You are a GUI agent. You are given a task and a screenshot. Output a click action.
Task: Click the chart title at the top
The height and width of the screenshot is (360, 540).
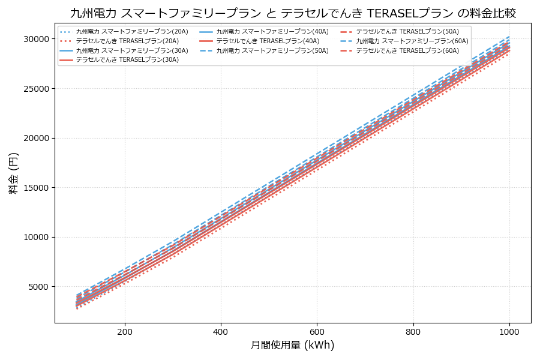(x=293, y=13)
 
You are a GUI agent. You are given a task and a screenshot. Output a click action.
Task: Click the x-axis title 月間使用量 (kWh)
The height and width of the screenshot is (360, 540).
(x=293, y=345)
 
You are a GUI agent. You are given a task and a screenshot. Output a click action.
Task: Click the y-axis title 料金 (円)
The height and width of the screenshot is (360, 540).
(x=13, y=173)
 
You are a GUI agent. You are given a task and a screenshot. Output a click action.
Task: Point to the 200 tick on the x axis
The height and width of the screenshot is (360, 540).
(x=125, y=331)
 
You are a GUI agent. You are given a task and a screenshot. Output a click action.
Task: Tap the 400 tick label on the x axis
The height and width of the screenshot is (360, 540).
(x=221, y=331)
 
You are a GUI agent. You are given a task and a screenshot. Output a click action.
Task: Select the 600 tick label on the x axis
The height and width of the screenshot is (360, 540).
(x=317, y=331)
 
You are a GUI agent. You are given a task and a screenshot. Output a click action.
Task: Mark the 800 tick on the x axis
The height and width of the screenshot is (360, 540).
(x=413, y=331)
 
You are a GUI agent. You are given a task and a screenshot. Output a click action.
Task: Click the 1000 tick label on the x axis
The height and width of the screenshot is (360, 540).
(x=509, y=331)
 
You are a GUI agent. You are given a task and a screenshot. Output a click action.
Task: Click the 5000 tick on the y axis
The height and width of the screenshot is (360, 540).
(x=37, y=287)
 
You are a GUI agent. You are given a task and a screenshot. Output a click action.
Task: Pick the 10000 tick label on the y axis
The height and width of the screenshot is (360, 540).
(x=34, y=237)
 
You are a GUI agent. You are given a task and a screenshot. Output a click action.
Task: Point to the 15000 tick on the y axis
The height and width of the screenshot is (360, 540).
(x=34, y=188)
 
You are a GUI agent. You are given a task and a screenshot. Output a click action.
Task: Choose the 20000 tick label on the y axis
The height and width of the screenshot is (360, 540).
(x=34, y=138)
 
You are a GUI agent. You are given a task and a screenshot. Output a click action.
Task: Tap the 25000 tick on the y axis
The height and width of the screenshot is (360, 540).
(x=34, y=89)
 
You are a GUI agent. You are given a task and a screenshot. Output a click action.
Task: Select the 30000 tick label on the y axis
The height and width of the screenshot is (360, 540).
(x=34, y=39)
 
